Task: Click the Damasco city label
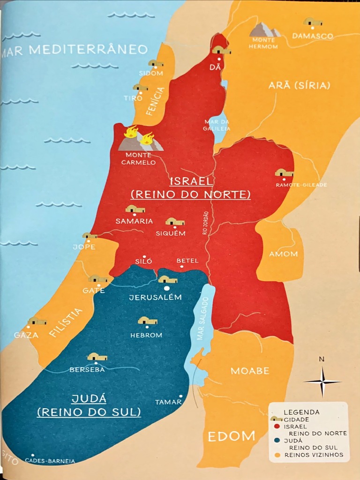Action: pyautogui.click(x=313, y=36)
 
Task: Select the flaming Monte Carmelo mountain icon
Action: pyautogui.click(x=139, y=139)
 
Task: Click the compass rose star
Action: pyautogui.click(x=322, y=382)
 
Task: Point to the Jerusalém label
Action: pyautogui.click(x=155, y=298)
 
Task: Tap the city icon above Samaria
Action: pyautogui.click(x=135, y=209)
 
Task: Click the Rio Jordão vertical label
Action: pyautogui.click(x=205, y=223)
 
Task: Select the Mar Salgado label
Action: pyautogui.click(x=202, y=320)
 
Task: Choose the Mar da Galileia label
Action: pyautogui.click(x=217, y=125)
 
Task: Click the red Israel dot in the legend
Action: pyautogui.click(x=277, y=427)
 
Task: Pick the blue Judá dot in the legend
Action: pyautogui.click(x=277, y=441)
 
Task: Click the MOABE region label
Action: pyautogui.click(x=250, y=371)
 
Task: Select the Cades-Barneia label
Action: pyautogui.click(x=50, y=461)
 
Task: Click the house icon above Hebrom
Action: pyautogui.click(x=147, y=321)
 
